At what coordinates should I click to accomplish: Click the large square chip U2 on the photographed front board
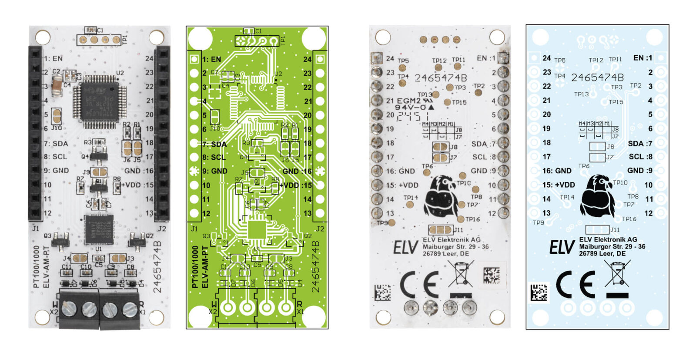pos(99,100)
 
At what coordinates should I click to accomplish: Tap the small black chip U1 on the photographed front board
pos(99,229)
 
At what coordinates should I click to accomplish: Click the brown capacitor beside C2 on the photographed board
pos(57,85)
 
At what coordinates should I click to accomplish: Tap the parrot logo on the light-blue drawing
pos(598,196)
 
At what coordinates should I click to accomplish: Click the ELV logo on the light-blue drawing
pos(562,247)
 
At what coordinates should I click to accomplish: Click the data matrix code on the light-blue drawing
pos(539,292)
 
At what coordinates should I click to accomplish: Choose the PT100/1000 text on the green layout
pos(195,266)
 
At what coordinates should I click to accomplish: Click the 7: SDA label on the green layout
pos(214,144)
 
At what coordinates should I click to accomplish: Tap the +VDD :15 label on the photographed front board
pos(137,185)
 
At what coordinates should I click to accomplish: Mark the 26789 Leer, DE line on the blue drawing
pos(602,253)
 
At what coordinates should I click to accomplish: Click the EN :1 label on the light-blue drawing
pos(642,58)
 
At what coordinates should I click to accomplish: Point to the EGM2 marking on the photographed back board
pos(408,101)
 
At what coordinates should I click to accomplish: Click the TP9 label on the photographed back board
pos(382,223)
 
